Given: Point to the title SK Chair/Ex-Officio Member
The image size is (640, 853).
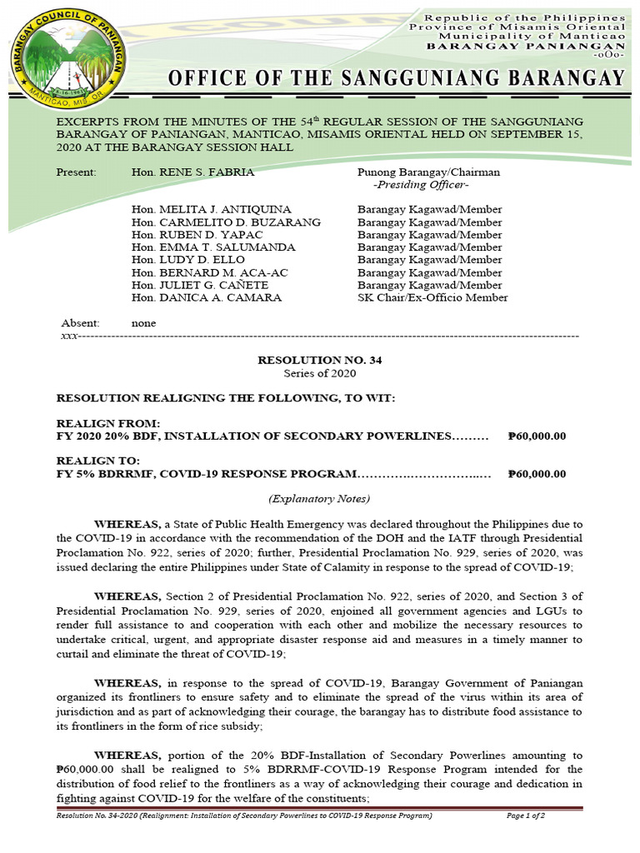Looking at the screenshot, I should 432,297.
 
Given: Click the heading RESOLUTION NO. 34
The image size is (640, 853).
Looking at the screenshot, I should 320,361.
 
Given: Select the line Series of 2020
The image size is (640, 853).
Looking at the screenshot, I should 320,374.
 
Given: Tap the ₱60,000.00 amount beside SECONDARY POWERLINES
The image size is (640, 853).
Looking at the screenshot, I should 537,436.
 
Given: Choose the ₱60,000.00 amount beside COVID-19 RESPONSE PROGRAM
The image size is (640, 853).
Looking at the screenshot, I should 537,474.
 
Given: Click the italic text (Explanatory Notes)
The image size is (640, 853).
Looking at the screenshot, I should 319,498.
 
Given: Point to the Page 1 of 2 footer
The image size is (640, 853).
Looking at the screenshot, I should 526,816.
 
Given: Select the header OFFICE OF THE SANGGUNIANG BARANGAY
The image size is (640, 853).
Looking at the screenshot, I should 396,79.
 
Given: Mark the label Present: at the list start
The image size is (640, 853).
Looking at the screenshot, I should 76,172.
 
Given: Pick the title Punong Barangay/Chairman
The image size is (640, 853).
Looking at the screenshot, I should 428,172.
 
